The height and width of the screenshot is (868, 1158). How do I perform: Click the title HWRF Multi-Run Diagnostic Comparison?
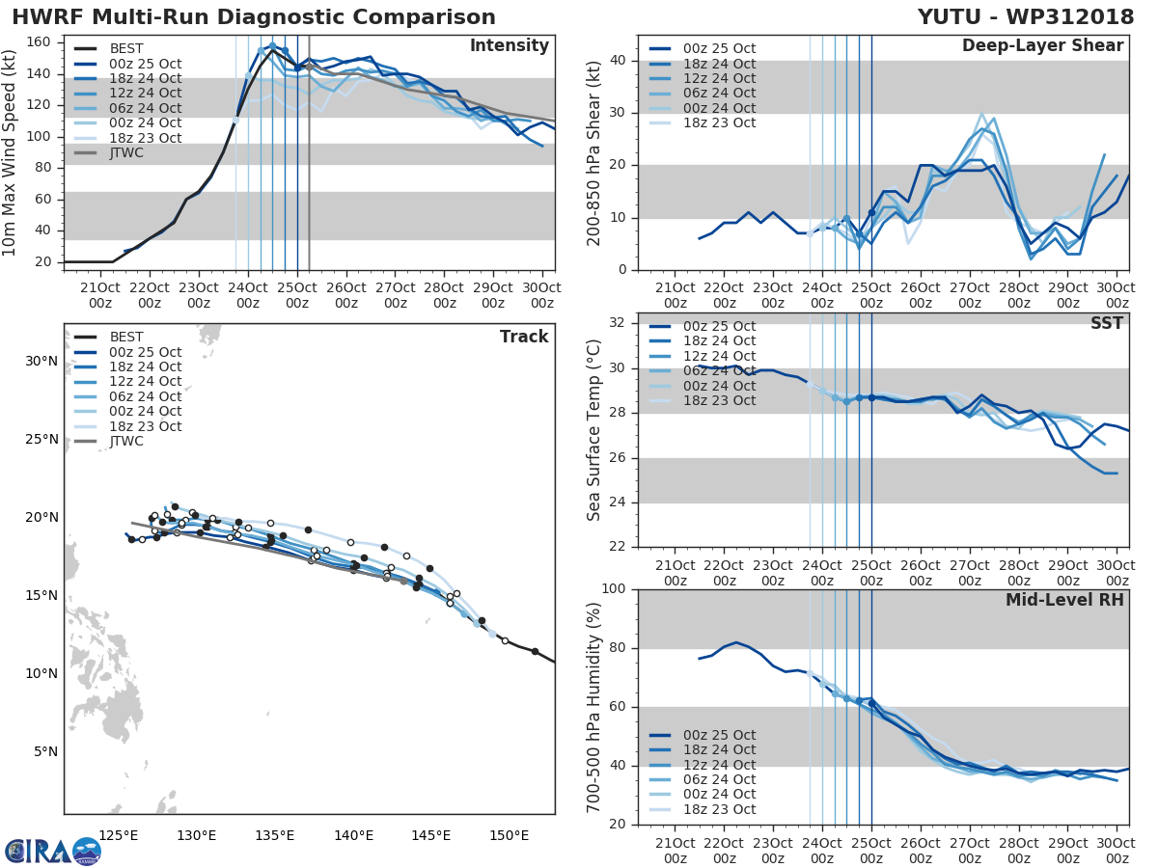pyautogui.click(x=254, y=17)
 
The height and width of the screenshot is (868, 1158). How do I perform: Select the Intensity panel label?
pyautogui.click(x=509, y=46)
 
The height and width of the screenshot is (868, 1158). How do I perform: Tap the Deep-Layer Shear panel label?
pyautogui.click(x=1042, y=46)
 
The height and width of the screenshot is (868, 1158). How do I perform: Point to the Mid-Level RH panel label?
pyautogui.click(x=1064, y=601)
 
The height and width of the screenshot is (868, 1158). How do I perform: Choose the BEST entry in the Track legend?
pyautogui.click(x=126, y=338)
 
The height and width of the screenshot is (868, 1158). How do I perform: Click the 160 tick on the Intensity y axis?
pyautogui.click(x=40, y=42)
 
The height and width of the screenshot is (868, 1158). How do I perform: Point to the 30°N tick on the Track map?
pyautogui.click(x=41, y=362)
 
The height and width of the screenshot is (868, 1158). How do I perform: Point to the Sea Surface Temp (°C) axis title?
pyautogui.click(x=594, y=430)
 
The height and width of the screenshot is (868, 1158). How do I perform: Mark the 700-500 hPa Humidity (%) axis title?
pyautogui.click(x=594, y=707)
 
